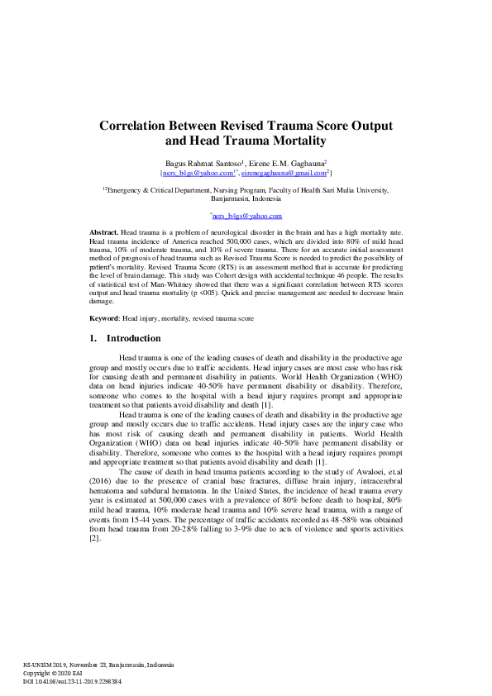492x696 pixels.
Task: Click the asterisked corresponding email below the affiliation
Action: pyautogui.click(x=246, y=214)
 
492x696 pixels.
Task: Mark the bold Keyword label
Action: pyautogui.click(x=104, y=318)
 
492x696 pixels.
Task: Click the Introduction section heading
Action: pyautogui.click(x=133, y=338)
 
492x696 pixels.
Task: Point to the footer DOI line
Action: pyautogui.click(x=72, y=682)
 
